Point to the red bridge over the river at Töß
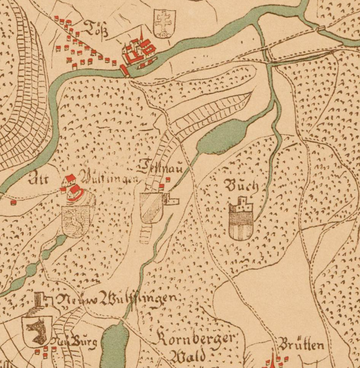(124, 70)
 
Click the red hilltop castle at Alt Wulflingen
(72, 186)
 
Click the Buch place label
(243, 186)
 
